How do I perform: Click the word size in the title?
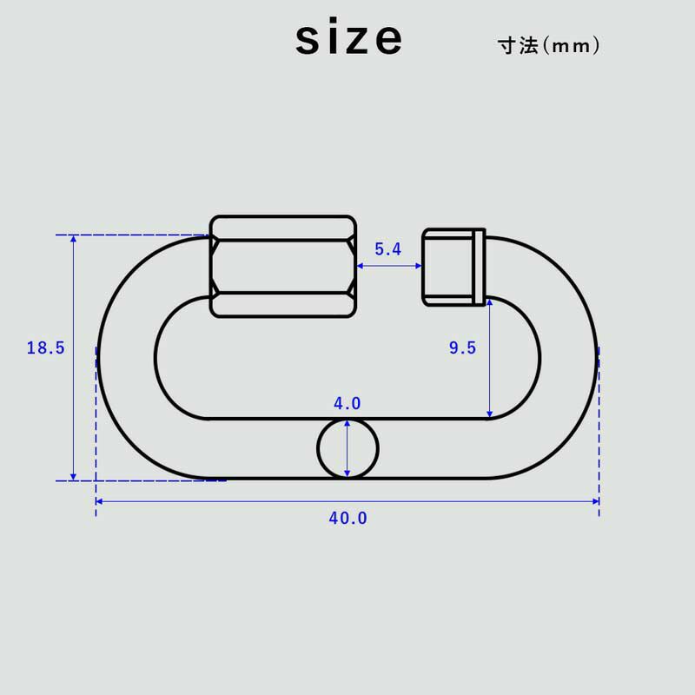click(348, 39)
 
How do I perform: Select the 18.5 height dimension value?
click(45, 348)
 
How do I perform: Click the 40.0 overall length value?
click(347, 519)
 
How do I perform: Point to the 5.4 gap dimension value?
click(387, 249)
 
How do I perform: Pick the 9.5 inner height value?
click(462, 348)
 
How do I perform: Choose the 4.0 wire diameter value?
click(347, 404)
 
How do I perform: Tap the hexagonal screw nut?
click(282, 266)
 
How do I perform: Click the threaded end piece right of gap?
click(447, 267)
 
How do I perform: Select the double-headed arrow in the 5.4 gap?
click(389, 267)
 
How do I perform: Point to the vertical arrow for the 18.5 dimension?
click(74, 357)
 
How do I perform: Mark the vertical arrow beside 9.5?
click(490, 357)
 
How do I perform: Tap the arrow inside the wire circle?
click(347, 448)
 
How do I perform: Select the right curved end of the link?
click(568, 357)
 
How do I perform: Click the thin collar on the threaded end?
click(480, 267)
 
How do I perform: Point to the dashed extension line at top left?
click(130, 235)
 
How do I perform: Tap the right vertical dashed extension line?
click(599, 434)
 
